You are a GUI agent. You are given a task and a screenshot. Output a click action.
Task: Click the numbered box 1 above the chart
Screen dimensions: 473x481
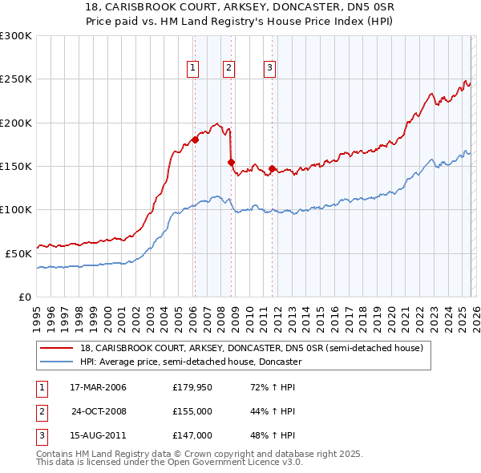coord(193,69)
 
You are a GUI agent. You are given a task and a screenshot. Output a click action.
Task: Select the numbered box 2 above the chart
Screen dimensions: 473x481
coord(229,69)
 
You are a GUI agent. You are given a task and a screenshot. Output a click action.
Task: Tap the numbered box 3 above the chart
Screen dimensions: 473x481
coord(269,69)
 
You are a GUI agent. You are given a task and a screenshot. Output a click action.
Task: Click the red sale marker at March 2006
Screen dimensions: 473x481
coord(195,139)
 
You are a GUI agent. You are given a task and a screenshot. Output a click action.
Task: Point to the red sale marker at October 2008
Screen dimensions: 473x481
coord(232,162)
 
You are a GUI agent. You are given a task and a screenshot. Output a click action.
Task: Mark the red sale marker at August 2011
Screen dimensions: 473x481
coord(272,168)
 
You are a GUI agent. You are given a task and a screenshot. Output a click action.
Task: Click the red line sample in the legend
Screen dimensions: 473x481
coord(57,348)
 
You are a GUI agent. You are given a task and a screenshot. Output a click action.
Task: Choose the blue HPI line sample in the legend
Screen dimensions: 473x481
coord(57,362)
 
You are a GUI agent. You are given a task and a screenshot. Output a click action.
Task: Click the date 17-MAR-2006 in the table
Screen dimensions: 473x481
coord(99,388)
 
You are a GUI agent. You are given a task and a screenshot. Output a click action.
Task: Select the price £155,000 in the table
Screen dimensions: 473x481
coord(192,411)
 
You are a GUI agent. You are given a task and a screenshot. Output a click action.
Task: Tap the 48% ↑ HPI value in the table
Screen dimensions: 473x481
coord(273,435)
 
